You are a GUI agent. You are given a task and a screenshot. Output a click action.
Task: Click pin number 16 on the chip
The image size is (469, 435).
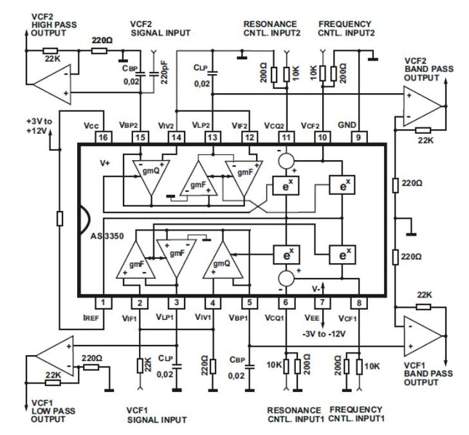tap(103, 137)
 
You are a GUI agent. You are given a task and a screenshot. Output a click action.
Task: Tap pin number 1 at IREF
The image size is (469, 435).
tap(103, 303)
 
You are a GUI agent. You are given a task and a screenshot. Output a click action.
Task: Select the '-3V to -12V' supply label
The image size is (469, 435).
tap(325, 333)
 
